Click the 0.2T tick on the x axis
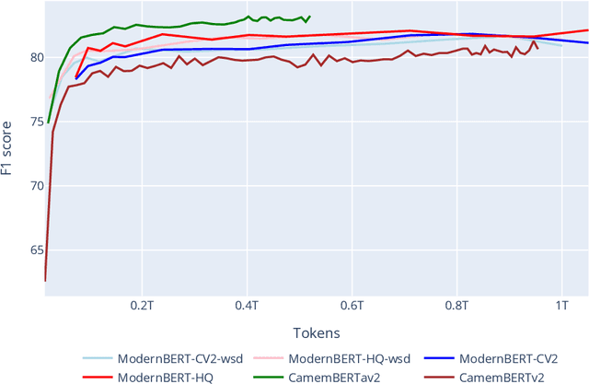142,305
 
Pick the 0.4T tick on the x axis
247,305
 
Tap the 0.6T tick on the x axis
352,305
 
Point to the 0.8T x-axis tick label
457,305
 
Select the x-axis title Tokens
317,332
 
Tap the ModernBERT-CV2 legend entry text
509,358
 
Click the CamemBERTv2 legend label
502,376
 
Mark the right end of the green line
309,16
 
